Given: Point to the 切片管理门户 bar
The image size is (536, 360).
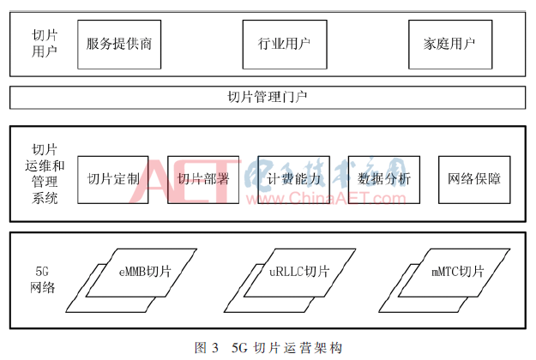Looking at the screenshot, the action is coord(268,97).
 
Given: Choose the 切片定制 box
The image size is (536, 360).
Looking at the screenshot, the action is coord(112,179).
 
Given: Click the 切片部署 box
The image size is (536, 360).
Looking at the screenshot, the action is coord(202,179).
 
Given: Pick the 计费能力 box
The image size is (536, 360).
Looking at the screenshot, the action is coord(293,179).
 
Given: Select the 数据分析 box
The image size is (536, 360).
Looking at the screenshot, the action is coord(383,179).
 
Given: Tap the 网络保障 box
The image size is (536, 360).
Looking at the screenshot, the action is coord(473,179).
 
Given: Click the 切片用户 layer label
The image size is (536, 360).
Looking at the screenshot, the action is coord(45,42).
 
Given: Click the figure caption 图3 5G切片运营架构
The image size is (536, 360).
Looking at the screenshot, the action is coord(268,347).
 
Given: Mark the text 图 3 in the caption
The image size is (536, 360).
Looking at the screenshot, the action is coord(206,347).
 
